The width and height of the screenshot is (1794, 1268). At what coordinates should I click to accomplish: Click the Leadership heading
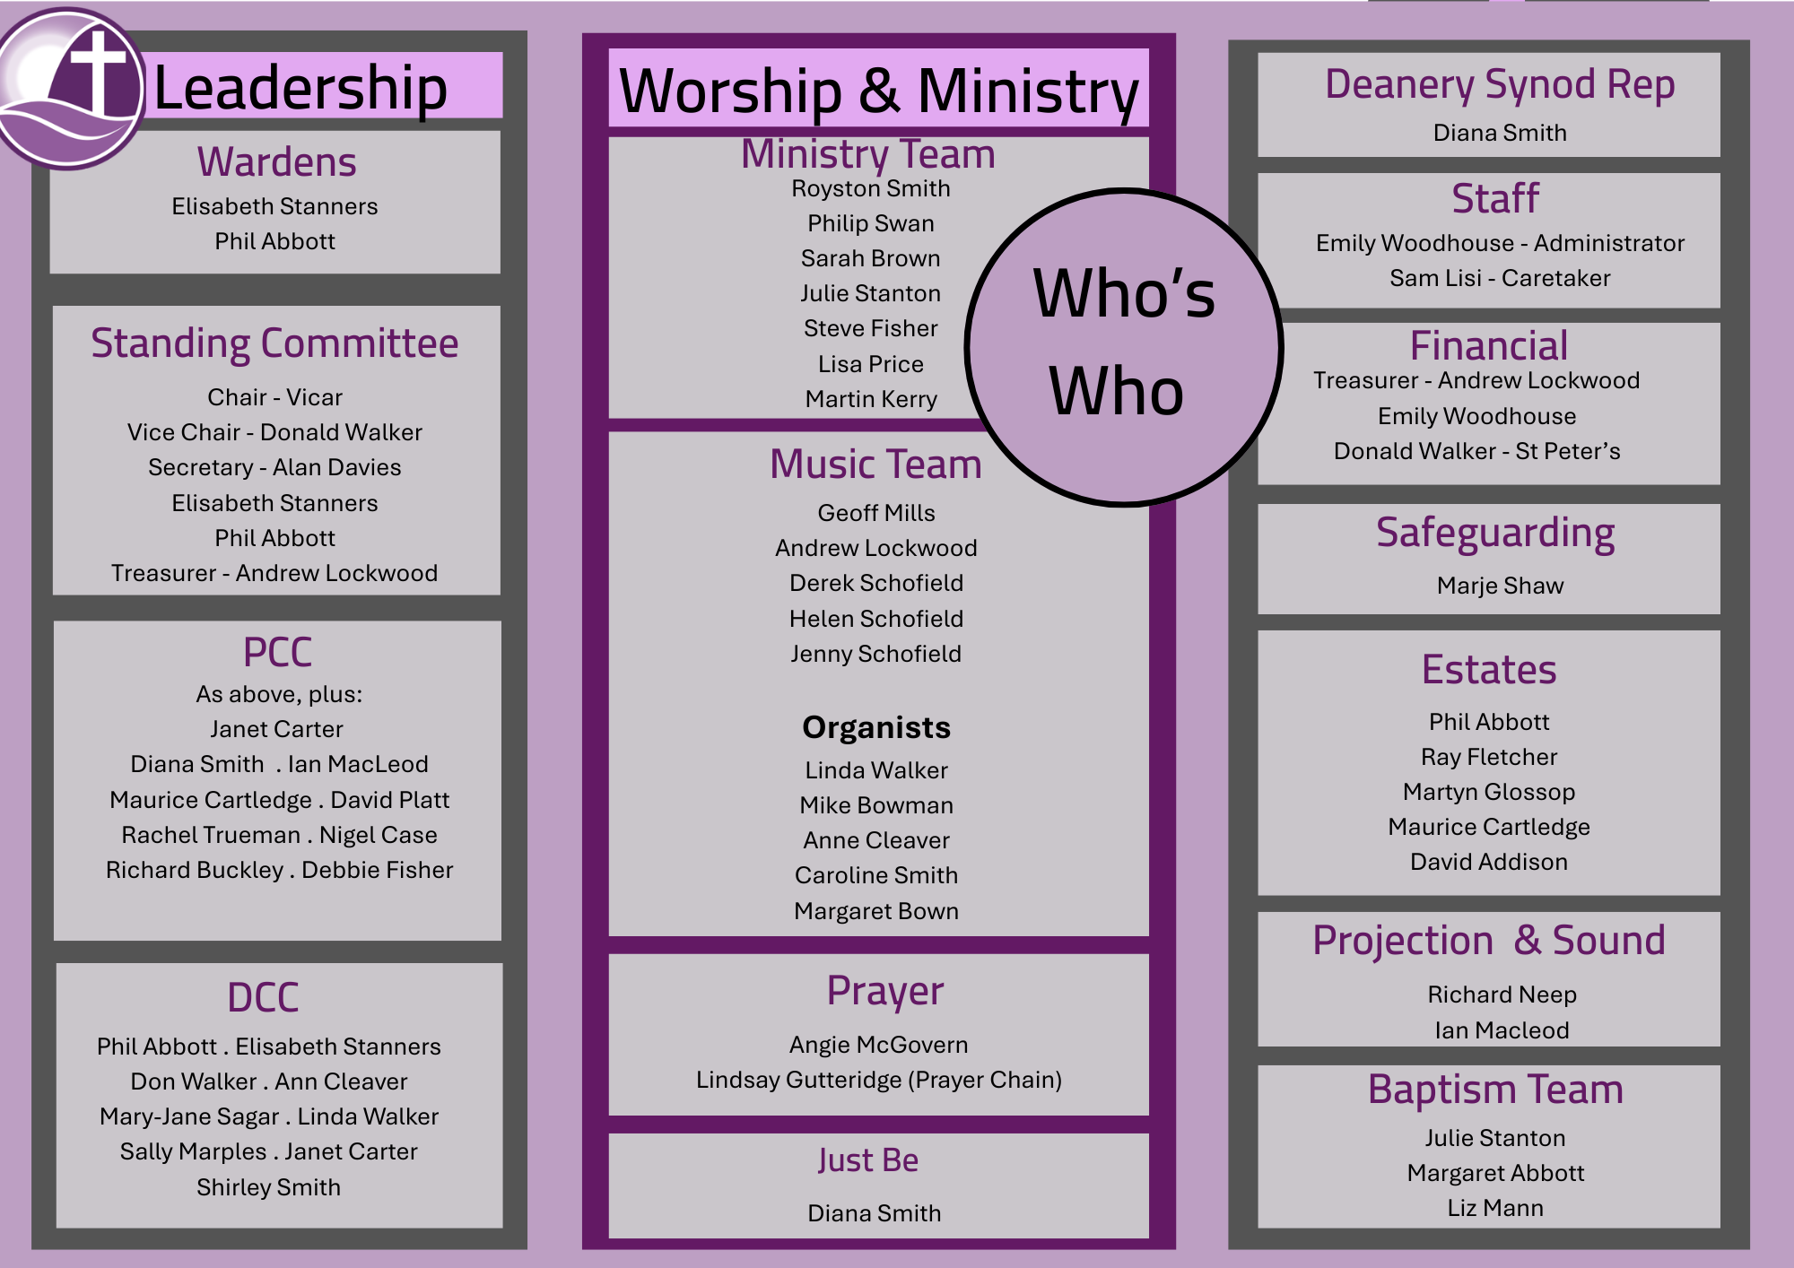[300, 88]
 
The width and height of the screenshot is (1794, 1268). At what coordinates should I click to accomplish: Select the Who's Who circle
[1123, 347]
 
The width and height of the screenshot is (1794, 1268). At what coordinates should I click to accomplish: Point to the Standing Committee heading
[274, 343]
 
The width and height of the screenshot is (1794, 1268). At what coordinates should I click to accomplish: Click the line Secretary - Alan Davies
[274, 467]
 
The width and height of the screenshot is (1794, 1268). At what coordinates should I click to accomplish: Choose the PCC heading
[277, 652]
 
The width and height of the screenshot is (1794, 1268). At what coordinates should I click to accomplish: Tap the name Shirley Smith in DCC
[268, 1186]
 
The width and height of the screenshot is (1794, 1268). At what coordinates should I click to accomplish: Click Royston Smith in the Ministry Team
[870, 188]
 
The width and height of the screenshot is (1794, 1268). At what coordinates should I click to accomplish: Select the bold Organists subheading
[875, 727]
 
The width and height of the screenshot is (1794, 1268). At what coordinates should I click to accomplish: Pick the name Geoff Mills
[875, 513]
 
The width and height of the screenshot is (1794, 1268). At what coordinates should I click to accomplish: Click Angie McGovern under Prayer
[878, 1045]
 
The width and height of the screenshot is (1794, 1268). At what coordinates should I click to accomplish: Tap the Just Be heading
[867, 1160]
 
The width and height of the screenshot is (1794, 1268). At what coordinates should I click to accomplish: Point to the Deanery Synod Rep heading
[1500, 84]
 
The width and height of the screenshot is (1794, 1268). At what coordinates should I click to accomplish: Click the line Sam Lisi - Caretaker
[1500, 278]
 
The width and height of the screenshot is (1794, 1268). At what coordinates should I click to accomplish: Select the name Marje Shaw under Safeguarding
[1500, 586]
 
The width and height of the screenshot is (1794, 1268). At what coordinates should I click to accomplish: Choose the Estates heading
[1489, 670]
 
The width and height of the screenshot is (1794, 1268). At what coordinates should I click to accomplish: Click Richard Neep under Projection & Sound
[1502, 994]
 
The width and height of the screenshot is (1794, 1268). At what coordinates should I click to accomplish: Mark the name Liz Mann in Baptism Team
[1495, 1208]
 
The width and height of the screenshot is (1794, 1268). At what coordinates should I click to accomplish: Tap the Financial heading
[1489, 345]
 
